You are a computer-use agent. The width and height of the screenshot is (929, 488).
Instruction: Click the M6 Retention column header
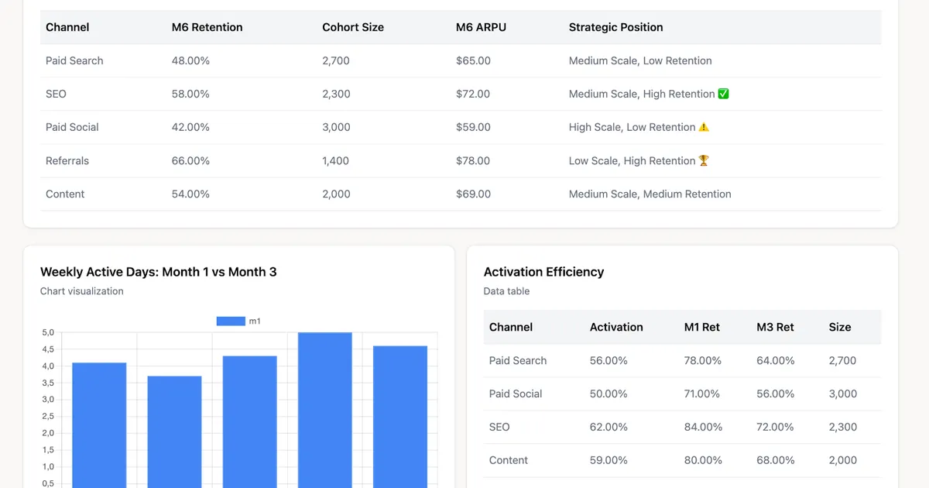pyautogui.click(x=207, y=27)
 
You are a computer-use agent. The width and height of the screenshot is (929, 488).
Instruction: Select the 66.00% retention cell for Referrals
pyautogui.click(x=190, y=160)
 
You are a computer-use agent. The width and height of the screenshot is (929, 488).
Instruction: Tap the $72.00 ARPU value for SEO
pyautogui.click(x=473, y=94)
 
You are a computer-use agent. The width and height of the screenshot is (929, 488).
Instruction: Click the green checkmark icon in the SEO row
pyautogui.click(x=723, y=94)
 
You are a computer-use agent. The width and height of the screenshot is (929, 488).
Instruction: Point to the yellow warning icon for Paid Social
pyautogui.click(x=704, y=127)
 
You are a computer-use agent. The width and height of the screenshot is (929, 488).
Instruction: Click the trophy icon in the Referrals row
pyautogui.click(x=704, y=160)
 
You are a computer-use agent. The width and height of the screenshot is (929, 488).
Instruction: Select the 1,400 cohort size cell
pyautogui.click(x=335, y=160)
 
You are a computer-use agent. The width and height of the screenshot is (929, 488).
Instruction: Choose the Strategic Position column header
pyautogui.click(x=616, y=27)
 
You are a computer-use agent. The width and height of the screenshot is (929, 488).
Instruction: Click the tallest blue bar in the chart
pyautogui.click(x=324, y=410)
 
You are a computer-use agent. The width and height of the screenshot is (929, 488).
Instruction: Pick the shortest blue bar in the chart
pyautogui.click(x=175, y=432)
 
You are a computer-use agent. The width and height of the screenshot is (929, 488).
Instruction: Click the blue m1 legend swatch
pyautogui.click(x=231, y=321)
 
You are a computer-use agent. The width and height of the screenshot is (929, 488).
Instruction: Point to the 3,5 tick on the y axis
pyautogui.click(x=48, y=383)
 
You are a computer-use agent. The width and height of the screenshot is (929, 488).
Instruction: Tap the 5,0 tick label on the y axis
pyautogui.click(x=48, y=332)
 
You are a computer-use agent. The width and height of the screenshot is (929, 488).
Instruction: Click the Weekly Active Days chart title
pyautogui.click(x=159, y=272)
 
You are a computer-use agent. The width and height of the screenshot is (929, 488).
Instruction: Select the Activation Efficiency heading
pyautogui.click(x=543, y=272)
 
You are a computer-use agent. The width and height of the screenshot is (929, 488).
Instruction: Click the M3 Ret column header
pyautogui.click(x=775, y=327)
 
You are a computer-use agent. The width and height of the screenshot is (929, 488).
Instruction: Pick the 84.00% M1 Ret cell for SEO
pyautogui.click(x=703, y=427)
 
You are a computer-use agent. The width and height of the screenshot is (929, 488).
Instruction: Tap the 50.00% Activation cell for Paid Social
pyautogui.click(x=608, y=393)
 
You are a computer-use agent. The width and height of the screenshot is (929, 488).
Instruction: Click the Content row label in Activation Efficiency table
pyautogui.click(x=509, y=460)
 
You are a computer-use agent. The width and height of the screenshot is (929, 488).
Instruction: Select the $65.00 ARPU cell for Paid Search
pyautogui.click(x=473, y=60)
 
